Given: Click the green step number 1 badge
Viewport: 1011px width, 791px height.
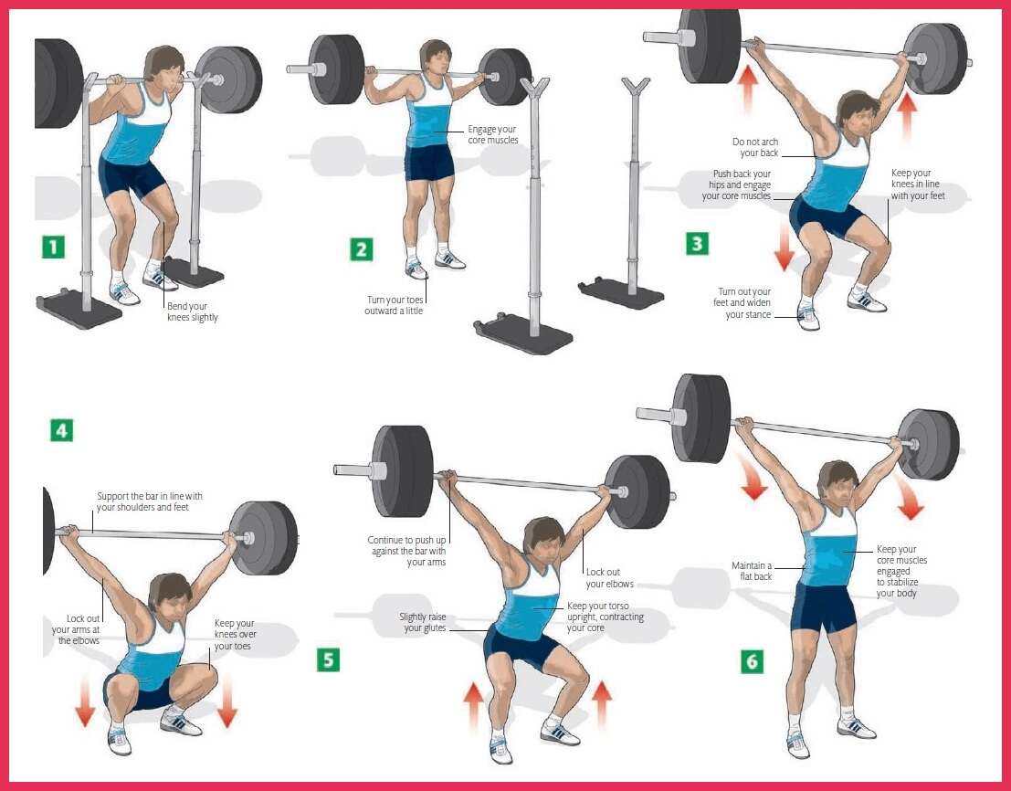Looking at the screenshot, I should point(54,247).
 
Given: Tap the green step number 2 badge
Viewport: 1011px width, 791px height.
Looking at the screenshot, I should point(362,248).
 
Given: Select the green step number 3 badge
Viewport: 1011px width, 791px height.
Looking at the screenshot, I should point(697,244).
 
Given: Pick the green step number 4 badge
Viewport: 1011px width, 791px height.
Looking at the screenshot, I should point(61,429).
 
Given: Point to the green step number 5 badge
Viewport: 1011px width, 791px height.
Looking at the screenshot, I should point(328,659).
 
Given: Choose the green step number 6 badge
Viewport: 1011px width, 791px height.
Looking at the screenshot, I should point(752,661).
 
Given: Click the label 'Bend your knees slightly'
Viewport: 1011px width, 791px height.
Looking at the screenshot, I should point(192,311).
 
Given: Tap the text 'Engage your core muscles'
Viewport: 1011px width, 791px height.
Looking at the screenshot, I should point(492,134).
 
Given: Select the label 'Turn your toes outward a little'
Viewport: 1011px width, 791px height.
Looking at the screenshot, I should point(395,305).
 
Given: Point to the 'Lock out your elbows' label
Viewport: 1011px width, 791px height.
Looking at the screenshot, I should point(609,578).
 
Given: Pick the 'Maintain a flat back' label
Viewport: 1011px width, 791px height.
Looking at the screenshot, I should point(751,571).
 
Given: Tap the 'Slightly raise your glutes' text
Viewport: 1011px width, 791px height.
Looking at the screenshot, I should point(422,622).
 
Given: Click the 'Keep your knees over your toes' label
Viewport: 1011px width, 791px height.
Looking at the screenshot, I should point(234,634).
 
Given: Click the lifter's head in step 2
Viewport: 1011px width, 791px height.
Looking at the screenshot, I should point(436,58).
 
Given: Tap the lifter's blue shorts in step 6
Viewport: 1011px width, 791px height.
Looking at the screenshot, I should point(823,606).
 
